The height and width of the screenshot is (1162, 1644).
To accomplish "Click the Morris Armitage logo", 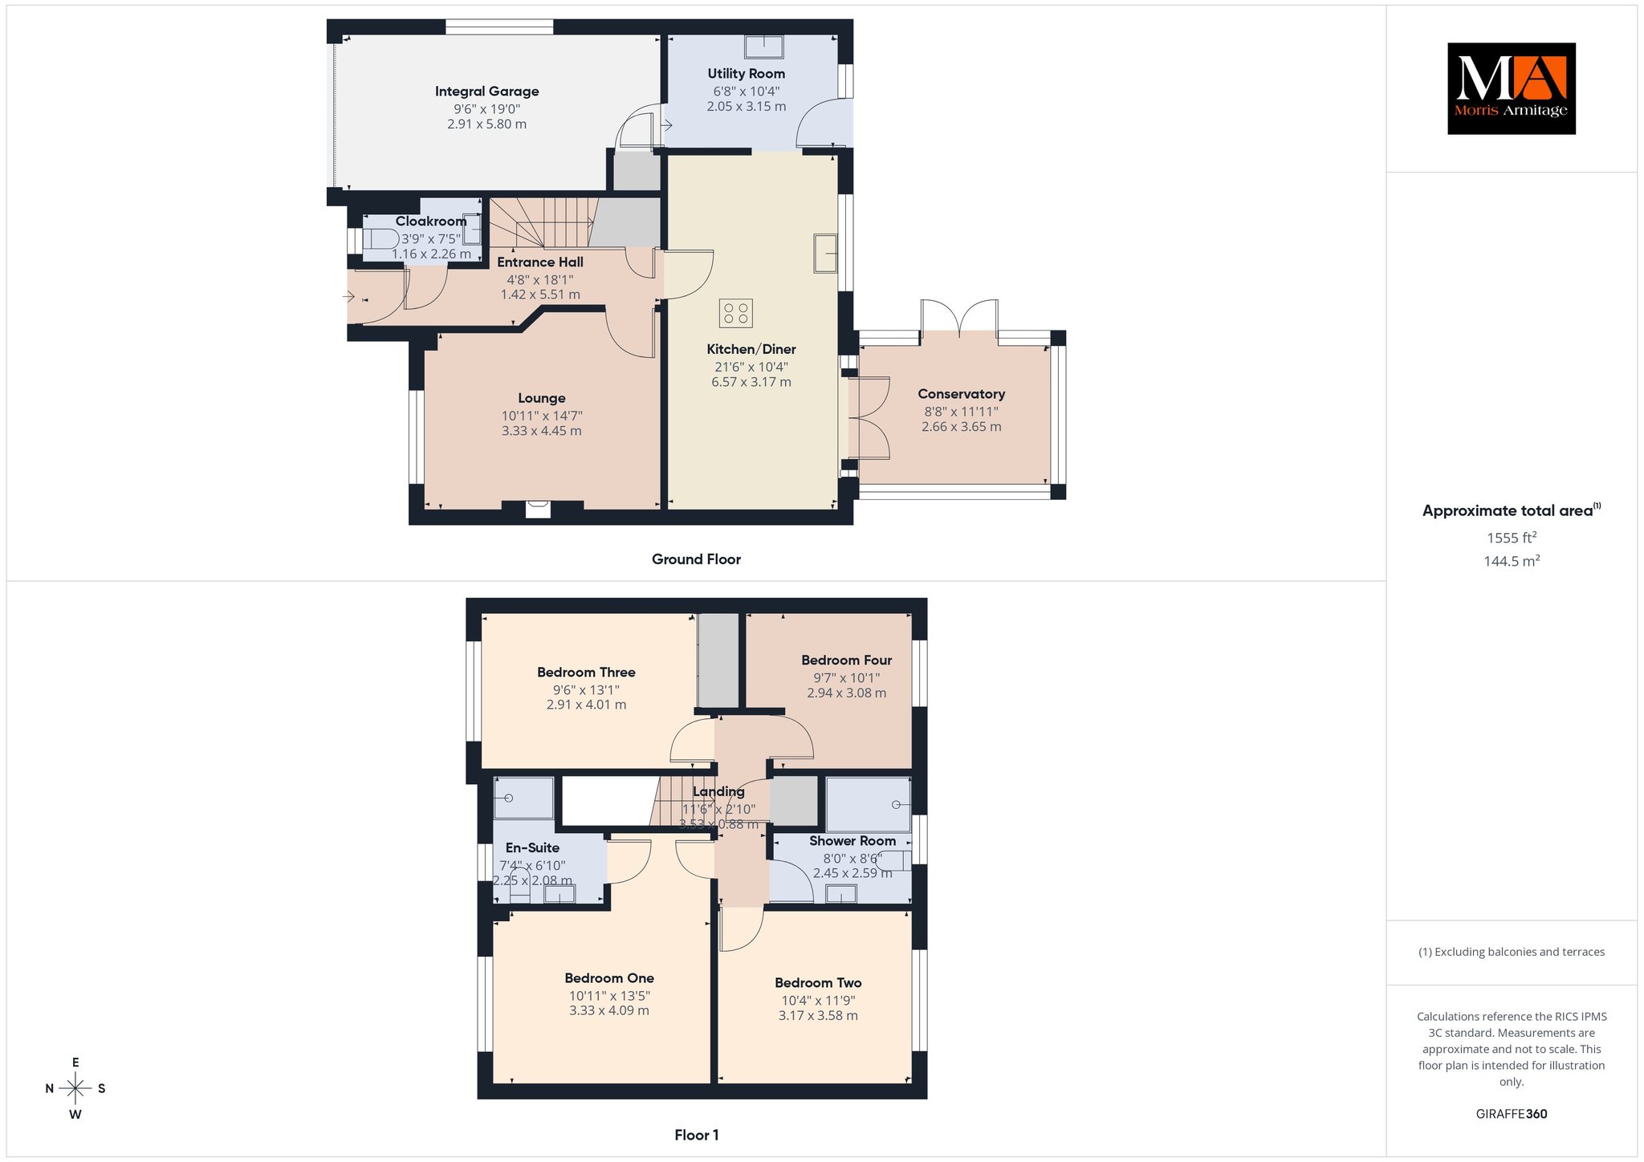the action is tap(1511, 88).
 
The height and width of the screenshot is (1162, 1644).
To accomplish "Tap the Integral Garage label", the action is tap(486, 91).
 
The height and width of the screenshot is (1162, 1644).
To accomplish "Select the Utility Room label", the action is tap(746, 74).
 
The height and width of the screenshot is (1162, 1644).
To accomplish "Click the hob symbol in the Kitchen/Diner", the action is tap(736, 313).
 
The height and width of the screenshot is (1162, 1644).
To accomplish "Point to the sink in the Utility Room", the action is tap(763, 47).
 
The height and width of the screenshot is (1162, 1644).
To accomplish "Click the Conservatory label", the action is tap(961, 394).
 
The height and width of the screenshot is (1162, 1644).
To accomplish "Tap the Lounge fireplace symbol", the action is tap(538, 509).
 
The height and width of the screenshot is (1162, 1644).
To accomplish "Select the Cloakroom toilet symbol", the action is tap(381, 239).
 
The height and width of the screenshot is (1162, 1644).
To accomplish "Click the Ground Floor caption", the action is tap(696, 559).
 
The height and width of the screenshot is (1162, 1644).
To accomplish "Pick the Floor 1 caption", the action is tap(696, 1135).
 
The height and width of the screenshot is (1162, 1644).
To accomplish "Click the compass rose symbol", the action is tap(75, 1088).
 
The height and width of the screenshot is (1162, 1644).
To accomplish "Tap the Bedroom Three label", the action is tap(586, 672).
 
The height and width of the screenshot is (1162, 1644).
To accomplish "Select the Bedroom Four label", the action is tap(846, 660).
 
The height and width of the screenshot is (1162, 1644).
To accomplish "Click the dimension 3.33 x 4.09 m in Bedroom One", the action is tap(609, 1010).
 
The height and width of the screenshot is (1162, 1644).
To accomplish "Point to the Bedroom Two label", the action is tap(818, 983).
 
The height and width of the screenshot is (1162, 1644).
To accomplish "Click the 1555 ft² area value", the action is tap(1512, 538).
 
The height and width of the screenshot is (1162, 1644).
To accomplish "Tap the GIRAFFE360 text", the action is tap(1512, 1114).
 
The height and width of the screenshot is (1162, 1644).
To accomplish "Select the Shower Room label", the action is tap(852, 841).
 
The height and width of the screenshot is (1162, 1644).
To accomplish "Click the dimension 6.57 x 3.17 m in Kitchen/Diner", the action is tap(751, 382).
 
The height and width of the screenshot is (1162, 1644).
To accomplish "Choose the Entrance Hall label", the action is tap(540, 262).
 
